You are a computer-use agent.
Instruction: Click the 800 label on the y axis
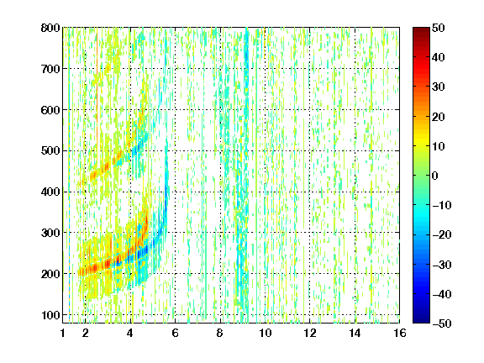(x=50, y=28)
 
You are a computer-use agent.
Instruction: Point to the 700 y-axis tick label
(x=50, y=69)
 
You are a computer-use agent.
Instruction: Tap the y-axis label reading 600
(x=50, y=110)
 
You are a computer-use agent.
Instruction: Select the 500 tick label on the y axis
(x=50, y=151)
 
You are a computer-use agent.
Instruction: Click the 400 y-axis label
(x=50, y=192)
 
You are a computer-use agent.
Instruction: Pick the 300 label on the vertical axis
(x=50, y=233)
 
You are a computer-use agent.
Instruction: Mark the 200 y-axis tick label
(x=50, y=274)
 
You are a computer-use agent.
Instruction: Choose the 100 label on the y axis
(x=50, y=315)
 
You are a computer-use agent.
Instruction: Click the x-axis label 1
(x=63, y=333)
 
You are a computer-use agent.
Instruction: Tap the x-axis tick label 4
(x=130, y=333)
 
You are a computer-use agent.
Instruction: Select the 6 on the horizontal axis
(x=175, y=333)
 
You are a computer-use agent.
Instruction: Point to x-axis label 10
(x=265, y=333)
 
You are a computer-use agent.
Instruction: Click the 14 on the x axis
(x=355, y=333)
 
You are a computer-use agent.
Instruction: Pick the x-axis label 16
(x=400, y=333)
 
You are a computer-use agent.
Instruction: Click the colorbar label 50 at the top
(x=438, y=28)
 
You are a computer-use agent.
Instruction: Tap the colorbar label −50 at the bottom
(x=442, y=324)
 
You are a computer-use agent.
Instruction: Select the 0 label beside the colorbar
(x=435, y=176)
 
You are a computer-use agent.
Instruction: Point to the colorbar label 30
(x=438, y=87)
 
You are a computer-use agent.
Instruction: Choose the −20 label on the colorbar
(x=442, y=235)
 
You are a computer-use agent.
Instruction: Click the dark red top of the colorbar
(x=421, y=30)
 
